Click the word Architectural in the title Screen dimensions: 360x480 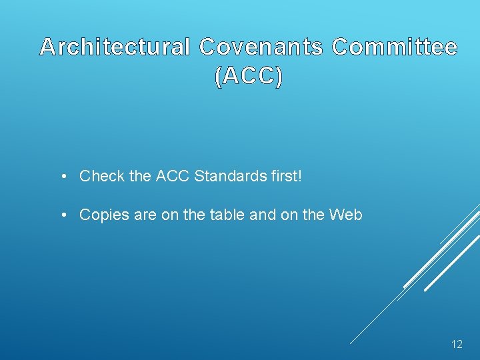click(x=115, y=47)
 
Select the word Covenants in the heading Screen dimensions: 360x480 click(x=261, y=47)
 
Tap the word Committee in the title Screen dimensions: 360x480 click(x=395, y=47)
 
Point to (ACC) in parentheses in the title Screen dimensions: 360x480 click(x=249, y=77)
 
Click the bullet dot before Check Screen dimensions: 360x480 click(x=61, y=177)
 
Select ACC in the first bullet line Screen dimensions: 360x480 click(x=171, y=177)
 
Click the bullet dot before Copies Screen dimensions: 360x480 click(x=61, y=215)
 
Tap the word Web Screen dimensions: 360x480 click(x=347, y=215)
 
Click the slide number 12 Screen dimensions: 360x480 click(x=457, y=345)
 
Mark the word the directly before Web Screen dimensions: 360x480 click(x=314, y=215)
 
